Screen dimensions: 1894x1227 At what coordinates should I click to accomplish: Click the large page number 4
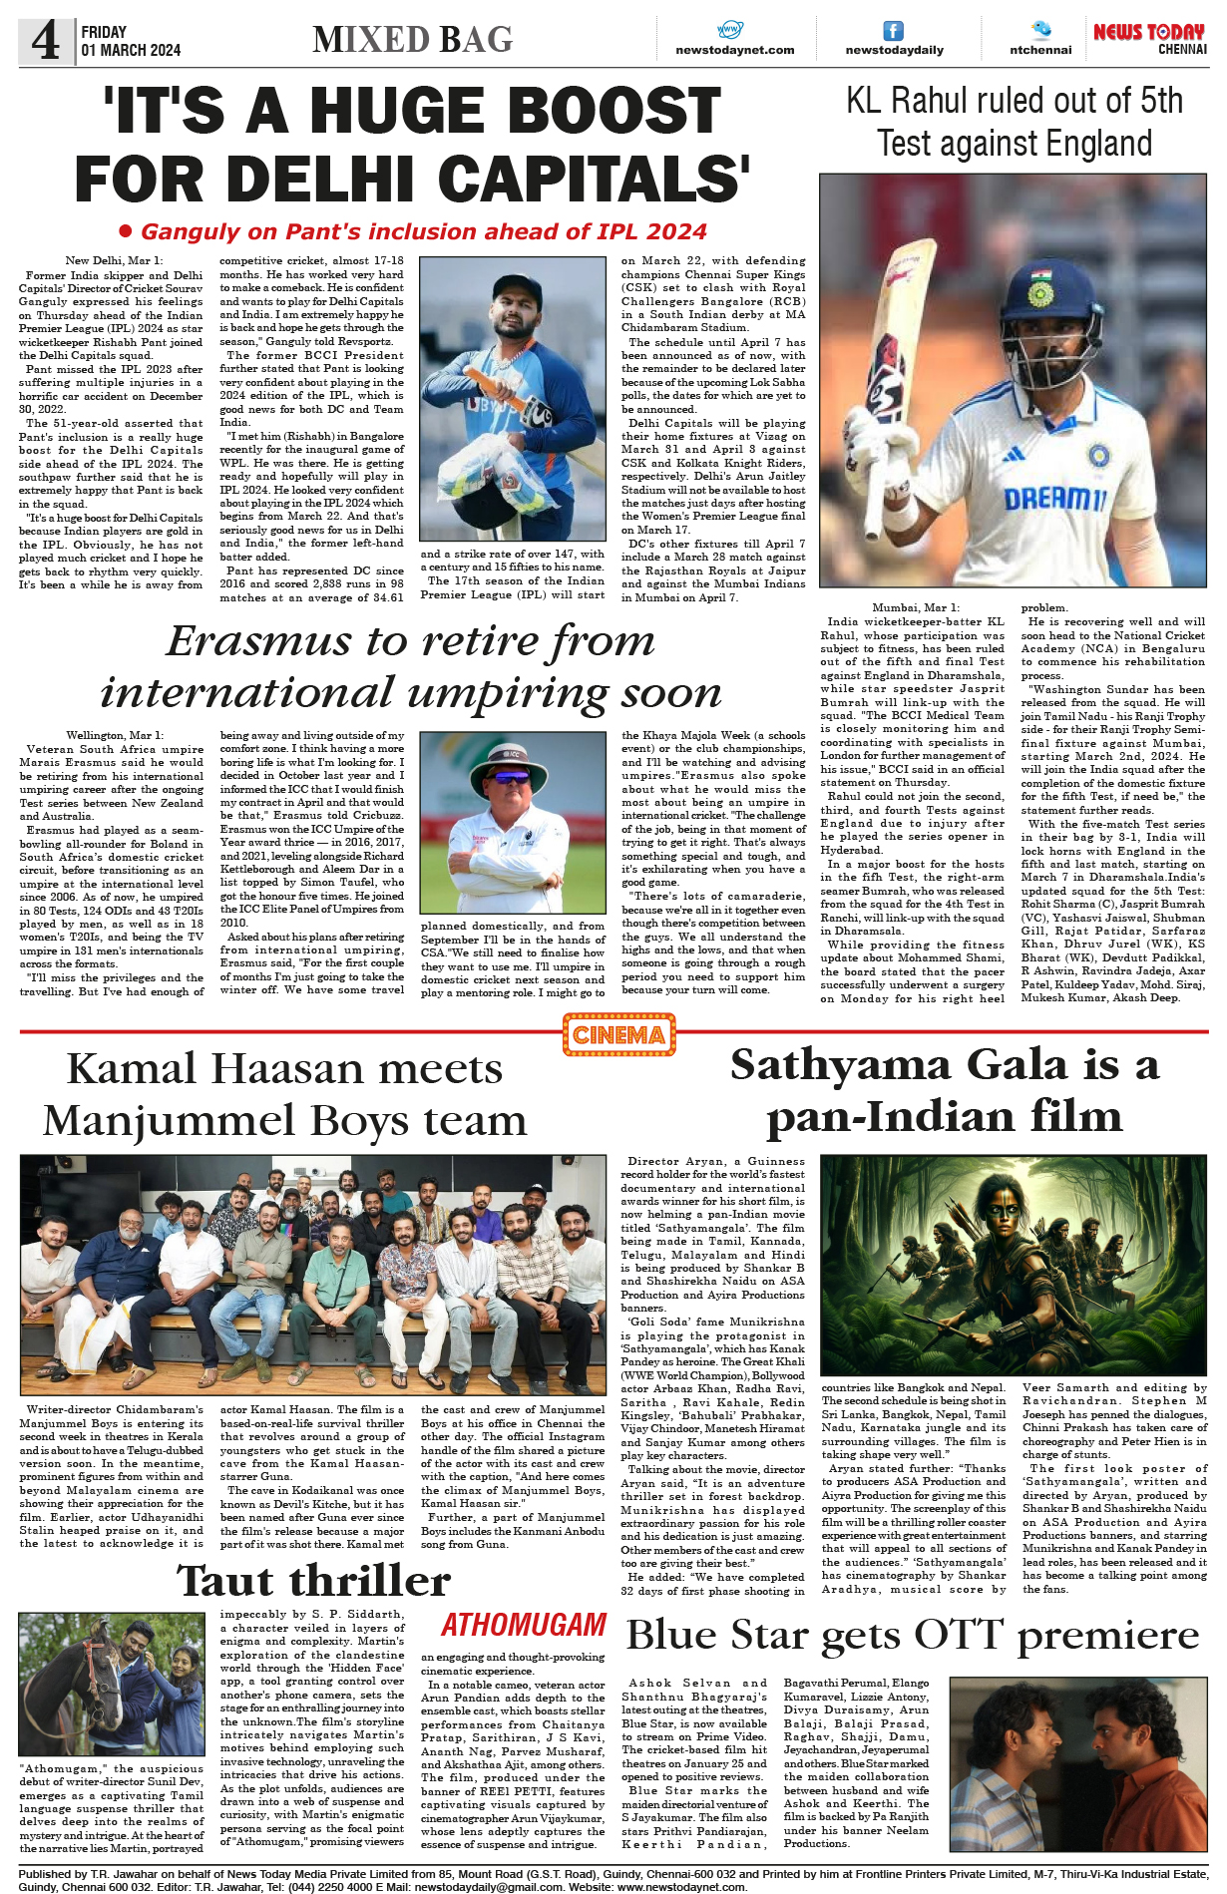click(45, 41)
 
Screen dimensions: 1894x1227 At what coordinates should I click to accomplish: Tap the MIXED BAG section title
click(412, 40)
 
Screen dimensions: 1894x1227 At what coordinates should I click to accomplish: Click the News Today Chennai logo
click(1149, 39)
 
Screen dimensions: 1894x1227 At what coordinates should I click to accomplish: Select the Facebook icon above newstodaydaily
click(894, 31)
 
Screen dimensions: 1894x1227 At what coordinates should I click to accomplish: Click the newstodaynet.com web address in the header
click(735, 50)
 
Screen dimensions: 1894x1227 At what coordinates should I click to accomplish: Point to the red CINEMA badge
click(618, 1034)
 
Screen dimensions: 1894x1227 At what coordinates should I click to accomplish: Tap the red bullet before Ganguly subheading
click(126, 231)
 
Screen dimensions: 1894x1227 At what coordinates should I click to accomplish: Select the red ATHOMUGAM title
click(524, 1625)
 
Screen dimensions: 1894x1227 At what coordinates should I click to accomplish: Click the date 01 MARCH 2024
click(131, 50)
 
